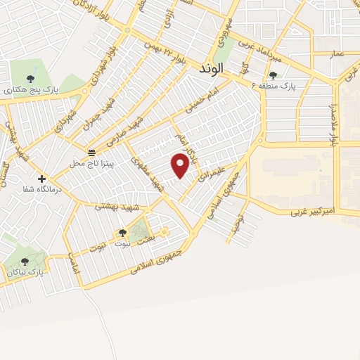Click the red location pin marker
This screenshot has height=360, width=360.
(181, 165)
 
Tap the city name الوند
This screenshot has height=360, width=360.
(211, 69)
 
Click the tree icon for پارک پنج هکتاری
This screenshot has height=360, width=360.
(30, 79)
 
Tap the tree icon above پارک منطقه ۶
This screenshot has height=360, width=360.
(273, 75)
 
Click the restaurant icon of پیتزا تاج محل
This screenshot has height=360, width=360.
(91, 153)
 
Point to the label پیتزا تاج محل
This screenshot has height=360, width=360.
(87, 163)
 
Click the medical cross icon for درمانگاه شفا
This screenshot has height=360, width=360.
(41, 179)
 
